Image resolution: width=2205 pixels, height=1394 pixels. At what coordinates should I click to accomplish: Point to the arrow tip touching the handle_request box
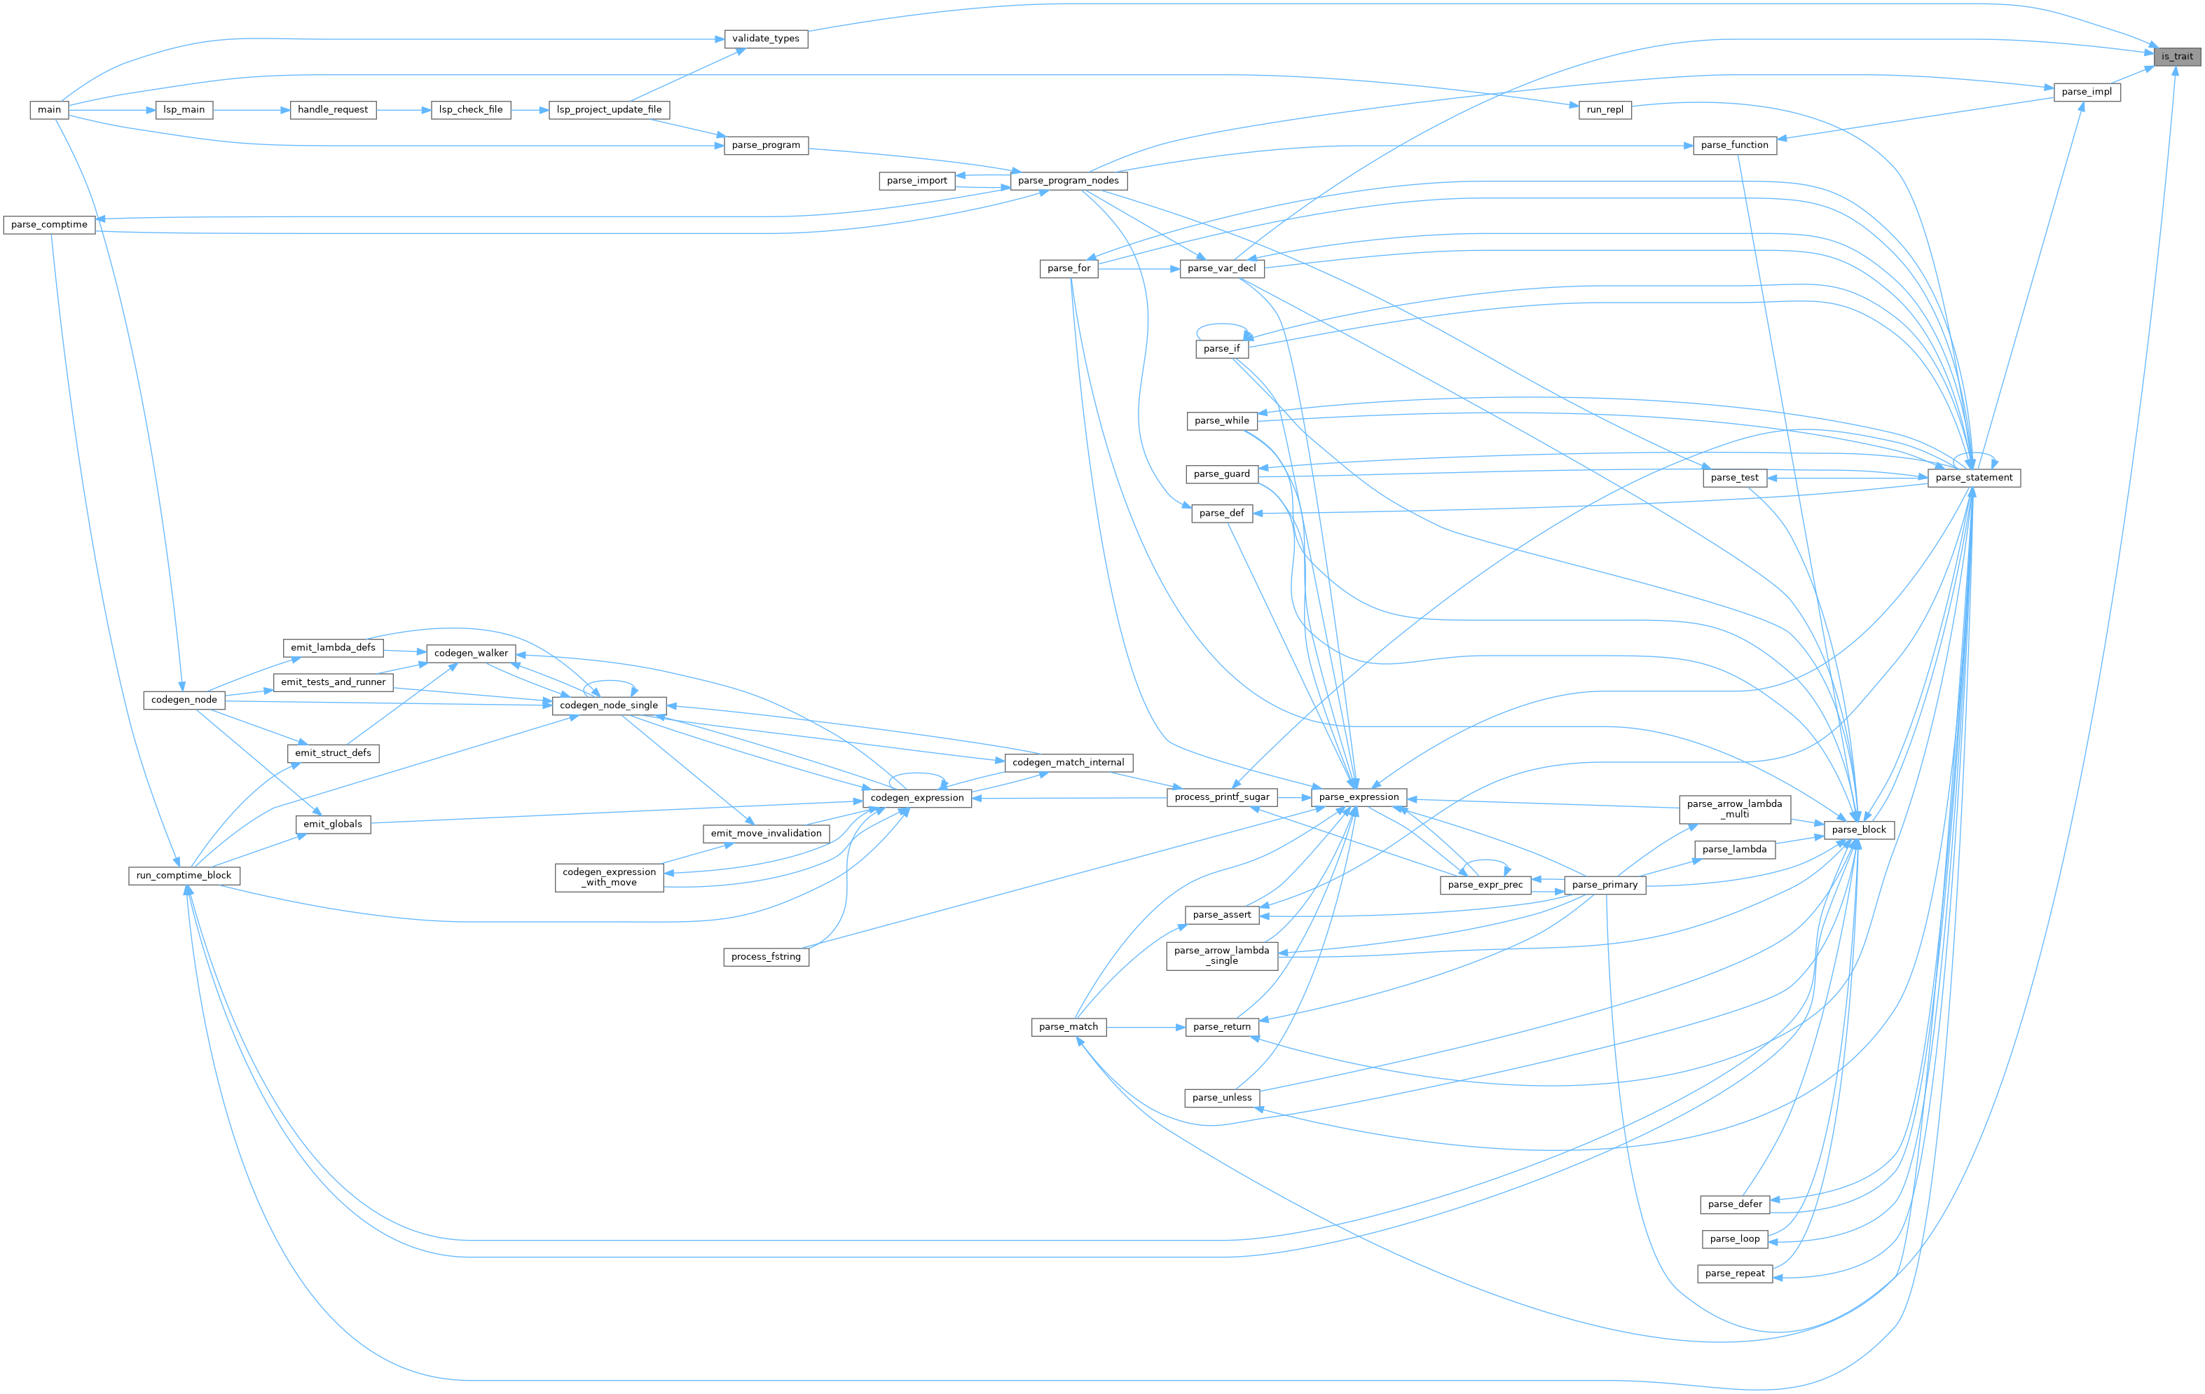coord(290,110)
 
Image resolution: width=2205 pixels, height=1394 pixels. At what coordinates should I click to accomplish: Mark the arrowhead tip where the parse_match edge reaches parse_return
coord(1186,1027)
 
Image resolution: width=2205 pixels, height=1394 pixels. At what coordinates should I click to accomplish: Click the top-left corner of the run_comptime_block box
coord(129,866)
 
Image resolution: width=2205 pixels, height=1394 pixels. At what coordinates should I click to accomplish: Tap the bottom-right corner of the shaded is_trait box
coord(2200,66)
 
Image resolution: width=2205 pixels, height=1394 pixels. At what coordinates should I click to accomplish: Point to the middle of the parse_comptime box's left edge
coord(4,224)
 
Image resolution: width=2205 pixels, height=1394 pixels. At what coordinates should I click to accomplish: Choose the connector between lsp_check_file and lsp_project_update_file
coord(530,110)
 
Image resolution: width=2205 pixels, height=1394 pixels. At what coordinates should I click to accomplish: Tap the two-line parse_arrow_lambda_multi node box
coord(1734,809)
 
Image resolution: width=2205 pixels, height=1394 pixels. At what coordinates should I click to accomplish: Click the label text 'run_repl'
coord(1605,110)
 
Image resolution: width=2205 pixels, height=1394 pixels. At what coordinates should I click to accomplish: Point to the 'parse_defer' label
coord(1734,1203)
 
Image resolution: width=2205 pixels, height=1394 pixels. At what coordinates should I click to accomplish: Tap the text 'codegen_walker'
coord(471,653)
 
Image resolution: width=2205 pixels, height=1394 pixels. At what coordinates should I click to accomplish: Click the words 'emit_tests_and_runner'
coord(334,682)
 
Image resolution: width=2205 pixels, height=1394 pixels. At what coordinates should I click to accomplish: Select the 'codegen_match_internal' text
coord(1069,762)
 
